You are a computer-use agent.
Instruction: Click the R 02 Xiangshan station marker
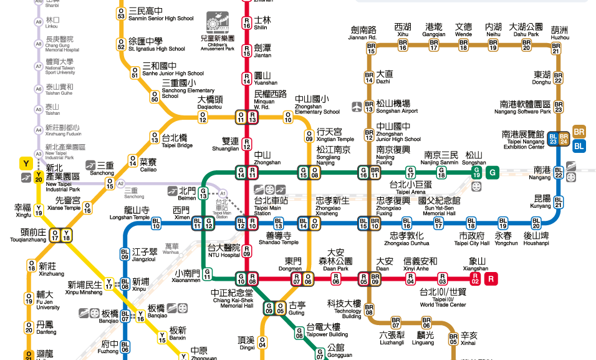pyautogui.click(x=475, y=278)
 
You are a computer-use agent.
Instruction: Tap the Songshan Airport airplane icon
pyautogui.click(x=357, y=107)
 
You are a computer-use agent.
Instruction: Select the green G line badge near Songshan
pyautogui.click(x=493, y=172)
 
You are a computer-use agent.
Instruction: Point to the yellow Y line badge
pyautogui.click(x=26, y=164)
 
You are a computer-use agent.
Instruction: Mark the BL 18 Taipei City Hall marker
pyautogui.click(x=471, y=223)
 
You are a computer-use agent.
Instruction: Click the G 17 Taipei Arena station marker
pyautogui.click(x=410, y=172)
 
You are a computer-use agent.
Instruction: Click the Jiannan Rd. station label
pyautogui.click(x=363, y=33)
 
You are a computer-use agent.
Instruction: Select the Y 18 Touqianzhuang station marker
pyautogui.click(x=67, y=235)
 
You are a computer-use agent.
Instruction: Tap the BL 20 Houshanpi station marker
pyautogui.click(x=536, y=223)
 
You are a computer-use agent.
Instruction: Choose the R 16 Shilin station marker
pyautogui.click(x=247, y=24)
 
